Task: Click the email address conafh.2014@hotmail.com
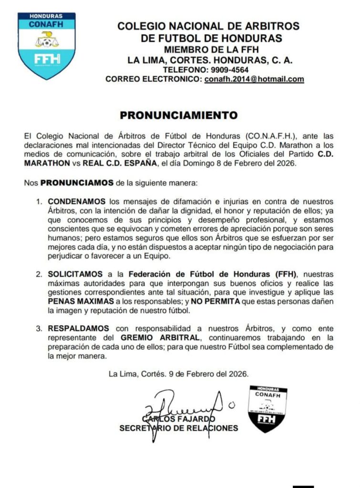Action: coord(254,79)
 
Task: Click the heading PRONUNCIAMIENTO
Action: coord(178,115)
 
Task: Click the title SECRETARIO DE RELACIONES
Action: coord(179,428)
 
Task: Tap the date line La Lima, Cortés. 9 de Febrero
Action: coord(178,374)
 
